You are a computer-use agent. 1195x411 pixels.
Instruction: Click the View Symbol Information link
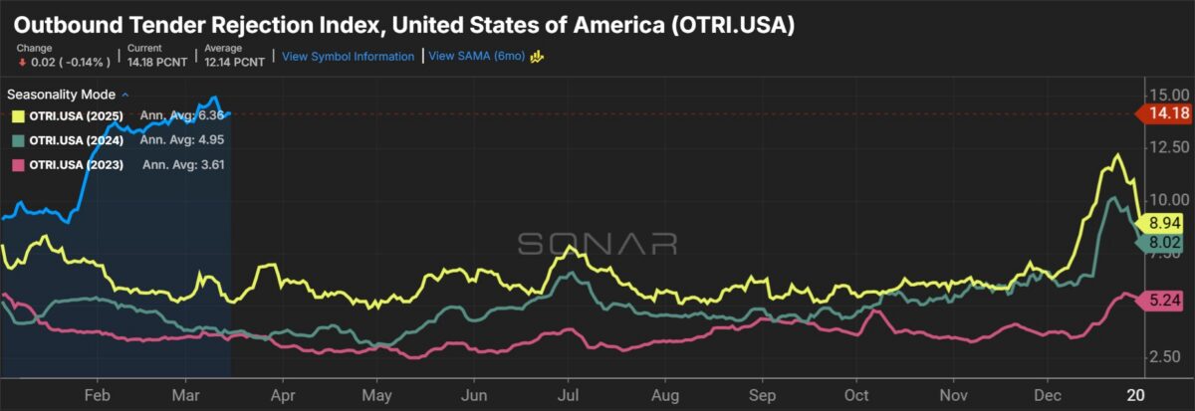pos(348,57)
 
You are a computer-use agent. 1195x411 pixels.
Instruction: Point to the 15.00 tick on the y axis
pos(1164,95)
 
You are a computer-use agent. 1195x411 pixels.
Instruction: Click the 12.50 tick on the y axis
pos(1164,146)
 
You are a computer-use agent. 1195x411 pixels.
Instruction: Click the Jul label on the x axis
pos(568,393)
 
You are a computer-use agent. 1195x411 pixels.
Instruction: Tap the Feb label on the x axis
pos(98,393)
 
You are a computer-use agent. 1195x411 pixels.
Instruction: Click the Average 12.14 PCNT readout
pos(236,56)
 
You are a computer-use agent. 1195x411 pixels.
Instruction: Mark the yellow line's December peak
pos(1117,155)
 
